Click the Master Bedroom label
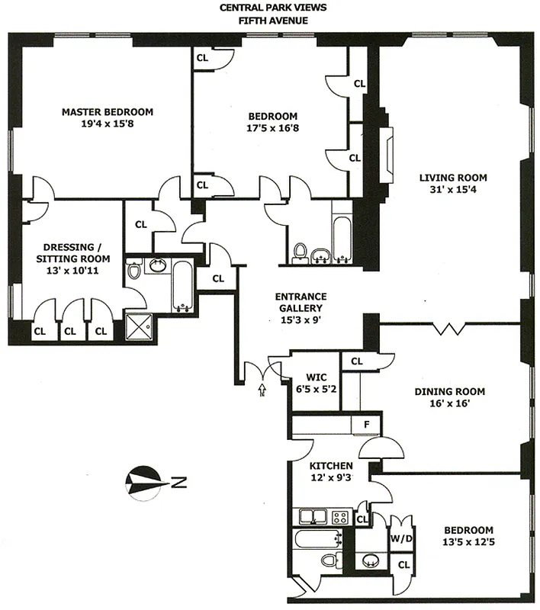click(107, 112)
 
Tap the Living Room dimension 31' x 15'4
click(452, 191)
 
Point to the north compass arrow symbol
click(146, 481)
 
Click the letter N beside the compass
click(175, 482)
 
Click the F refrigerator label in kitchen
click(365, 425)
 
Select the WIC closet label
click(317, 377)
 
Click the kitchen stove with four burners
click(340, 517)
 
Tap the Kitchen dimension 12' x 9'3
click(330, 478)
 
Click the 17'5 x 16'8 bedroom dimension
click(272, 128)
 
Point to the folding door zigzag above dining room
click(452, 329)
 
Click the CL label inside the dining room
click(357, 361)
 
